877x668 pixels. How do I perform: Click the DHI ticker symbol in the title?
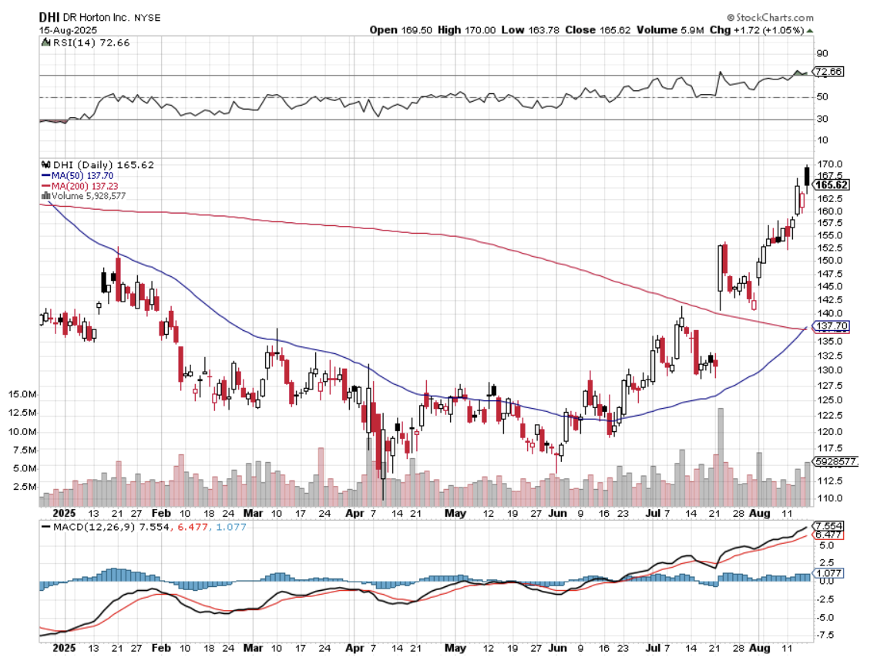(x=50, y=17)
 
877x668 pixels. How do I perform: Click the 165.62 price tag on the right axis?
(x=832, y=185)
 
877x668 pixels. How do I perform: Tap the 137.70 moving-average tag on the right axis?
(x=832, y=326)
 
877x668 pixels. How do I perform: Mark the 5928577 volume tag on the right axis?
(x=836, y=461)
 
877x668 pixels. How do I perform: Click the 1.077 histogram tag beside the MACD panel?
(x=829, y=574)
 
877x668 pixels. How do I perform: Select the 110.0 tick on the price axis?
(x=828, y=498)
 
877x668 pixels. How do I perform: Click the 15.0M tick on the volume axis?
(x=22, y=394)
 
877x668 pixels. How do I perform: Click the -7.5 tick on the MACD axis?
(x=825, y=636)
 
